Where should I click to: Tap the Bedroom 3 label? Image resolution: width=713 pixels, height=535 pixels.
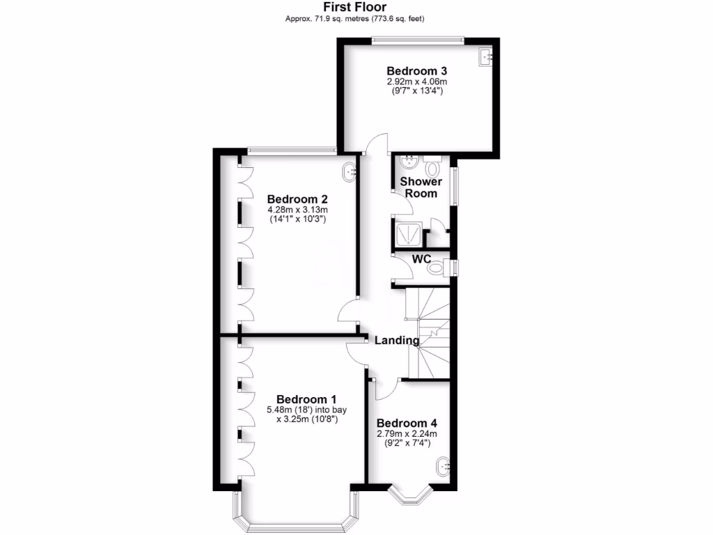416,70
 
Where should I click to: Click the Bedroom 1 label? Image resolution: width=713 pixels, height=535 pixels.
302,399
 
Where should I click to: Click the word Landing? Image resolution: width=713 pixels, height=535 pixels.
397,341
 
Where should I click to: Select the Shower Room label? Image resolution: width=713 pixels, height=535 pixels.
421,187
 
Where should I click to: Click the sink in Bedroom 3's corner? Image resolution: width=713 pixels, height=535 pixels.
485,57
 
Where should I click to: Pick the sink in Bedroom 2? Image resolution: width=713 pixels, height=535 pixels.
350,170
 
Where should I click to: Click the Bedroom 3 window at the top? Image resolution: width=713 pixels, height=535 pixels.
416,40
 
